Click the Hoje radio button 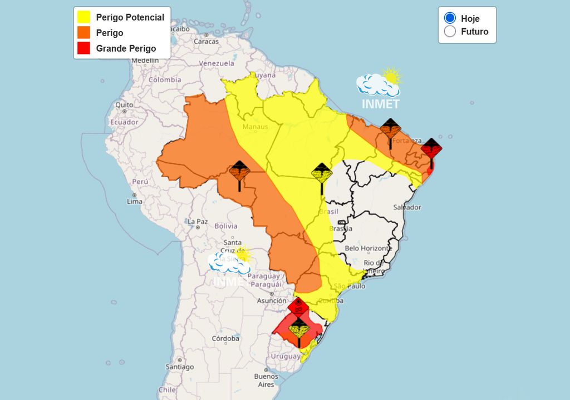tap(450, 18)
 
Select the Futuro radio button tap(450, 32)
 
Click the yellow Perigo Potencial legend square tap(84, 17)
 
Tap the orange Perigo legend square tap(84, 33)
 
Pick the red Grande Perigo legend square tap(84, 48)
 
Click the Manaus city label tap(255, 127)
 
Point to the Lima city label tap(135, 201)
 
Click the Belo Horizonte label tap(368, 248)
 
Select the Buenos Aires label tap(266, 380)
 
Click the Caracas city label tap(206, 41)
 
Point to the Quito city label tap(124, 104)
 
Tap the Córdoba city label tap(225, 338)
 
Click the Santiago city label tap(179, 367)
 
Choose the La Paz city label tap(198, 221)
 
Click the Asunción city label tap(272, 301)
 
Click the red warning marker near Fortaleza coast tap(431, 149)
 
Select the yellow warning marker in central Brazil tap(322, 174)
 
